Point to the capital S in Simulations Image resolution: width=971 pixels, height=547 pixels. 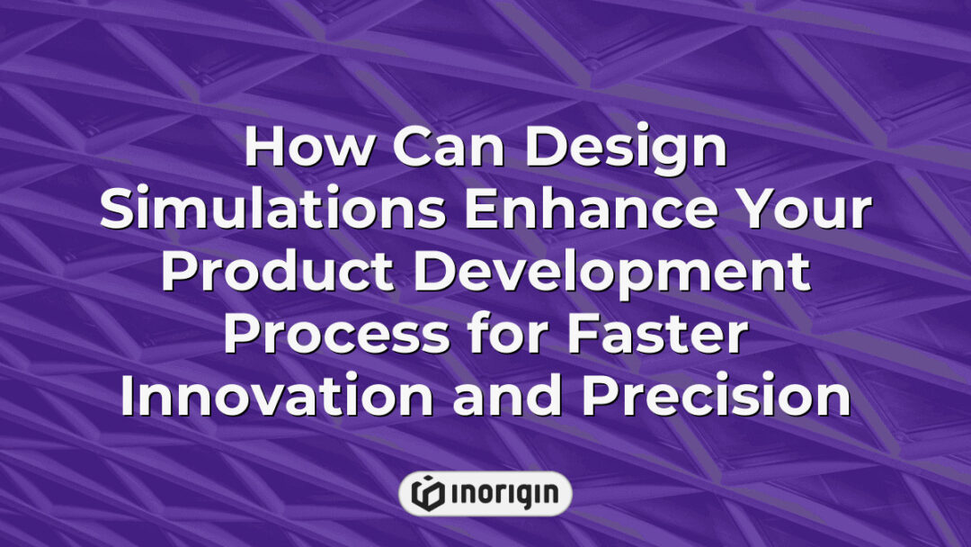119,211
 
